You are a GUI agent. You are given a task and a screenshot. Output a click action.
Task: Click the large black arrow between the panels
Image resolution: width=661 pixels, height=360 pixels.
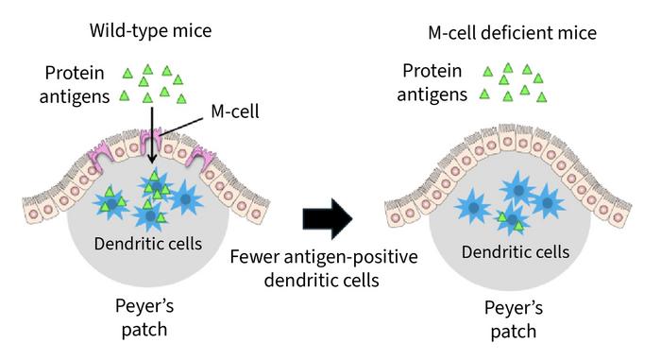click(x=326, y=216)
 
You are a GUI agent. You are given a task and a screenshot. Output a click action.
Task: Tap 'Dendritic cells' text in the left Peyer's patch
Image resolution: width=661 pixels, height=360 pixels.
click(x=146, y=243)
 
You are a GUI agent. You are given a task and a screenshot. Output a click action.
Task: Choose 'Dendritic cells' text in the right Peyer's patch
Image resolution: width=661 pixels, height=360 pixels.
click(x=516, y=252)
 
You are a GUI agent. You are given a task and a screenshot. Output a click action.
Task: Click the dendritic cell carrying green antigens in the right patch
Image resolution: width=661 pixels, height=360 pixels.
click(x=511, y=221)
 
